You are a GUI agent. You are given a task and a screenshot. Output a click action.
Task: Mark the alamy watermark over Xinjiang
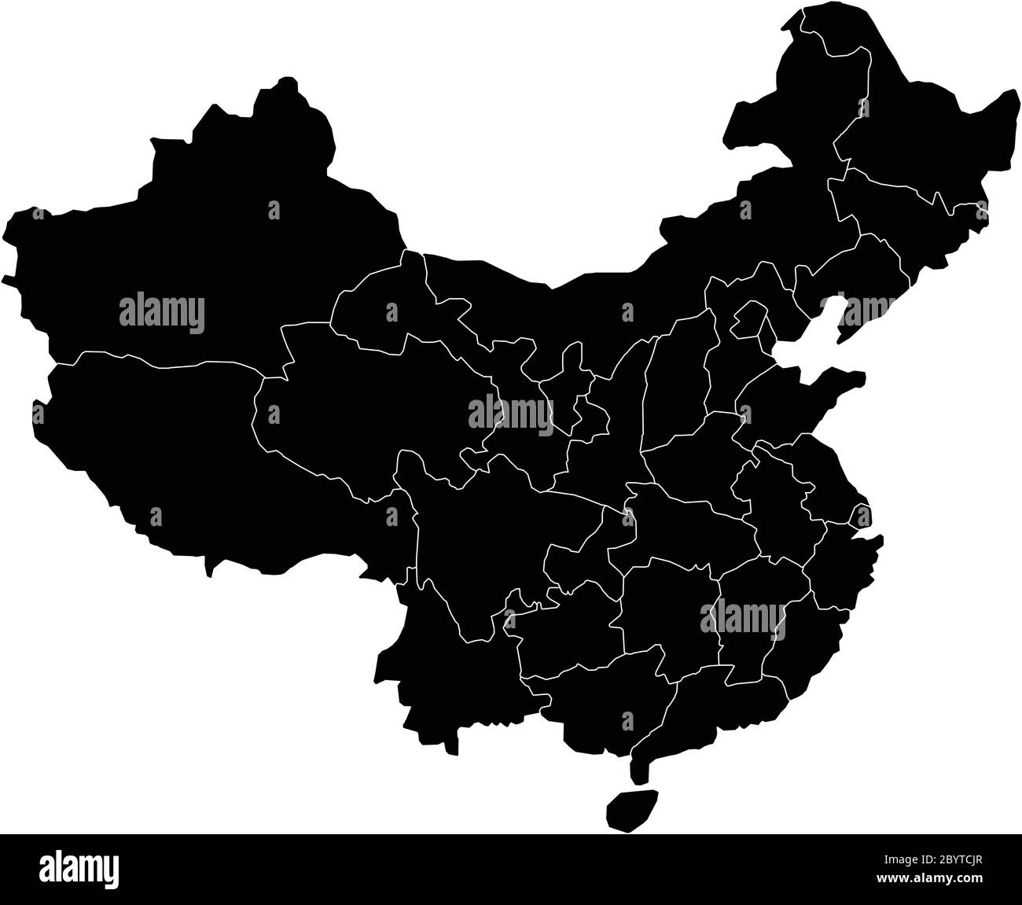(162, 312)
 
